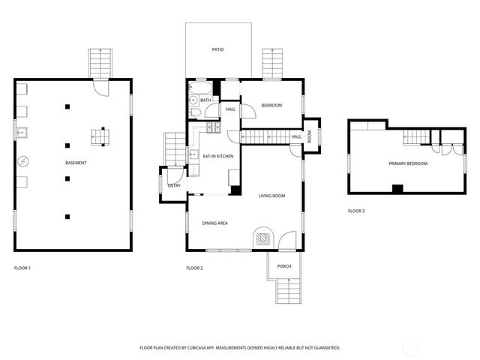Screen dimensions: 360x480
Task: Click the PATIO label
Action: [217, 49]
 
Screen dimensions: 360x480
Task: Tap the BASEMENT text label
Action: [75, 163]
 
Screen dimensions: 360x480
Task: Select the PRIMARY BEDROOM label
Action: [408, 163]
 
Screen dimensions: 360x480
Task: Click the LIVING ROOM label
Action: [271, 196]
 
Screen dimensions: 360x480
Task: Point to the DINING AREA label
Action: [214, 223]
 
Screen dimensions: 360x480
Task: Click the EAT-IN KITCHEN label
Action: [218, 156]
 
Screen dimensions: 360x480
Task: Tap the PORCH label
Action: [284, 266]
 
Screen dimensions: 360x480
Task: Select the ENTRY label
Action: [174, 185]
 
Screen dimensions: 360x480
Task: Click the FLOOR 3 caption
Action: [356, 211]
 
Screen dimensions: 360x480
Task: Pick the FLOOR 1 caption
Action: [22, 268]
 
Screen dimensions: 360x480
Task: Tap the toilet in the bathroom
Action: [194, 113]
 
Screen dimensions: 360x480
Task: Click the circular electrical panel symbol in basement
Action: [23, 161]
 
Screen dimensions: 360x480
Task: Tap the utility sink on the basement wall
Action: [23, 134]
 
